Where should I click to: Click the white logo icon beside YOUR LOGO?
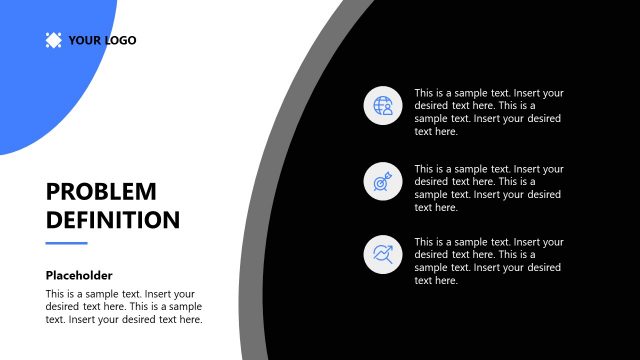53,41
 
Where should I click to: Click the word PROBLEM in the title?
101,191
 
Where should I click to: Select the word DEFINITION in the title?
113,220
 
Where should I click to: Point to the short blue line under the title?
67,243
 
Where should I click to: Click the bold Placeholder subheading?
79,275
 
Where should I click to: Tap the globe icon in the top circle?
383,105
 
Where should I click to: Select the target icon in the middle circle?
383,181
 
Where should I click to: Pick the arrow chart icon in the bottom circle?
383,254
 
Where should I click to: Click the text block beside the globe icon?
489,112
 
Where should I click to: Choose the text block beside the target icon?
489,188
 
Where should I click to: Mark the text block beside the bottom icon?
489,261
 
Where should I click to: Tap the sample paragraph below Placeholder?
124,307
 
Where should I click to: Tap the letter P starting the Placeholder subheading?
50,275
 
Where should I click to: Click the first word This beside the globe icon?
425,93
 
